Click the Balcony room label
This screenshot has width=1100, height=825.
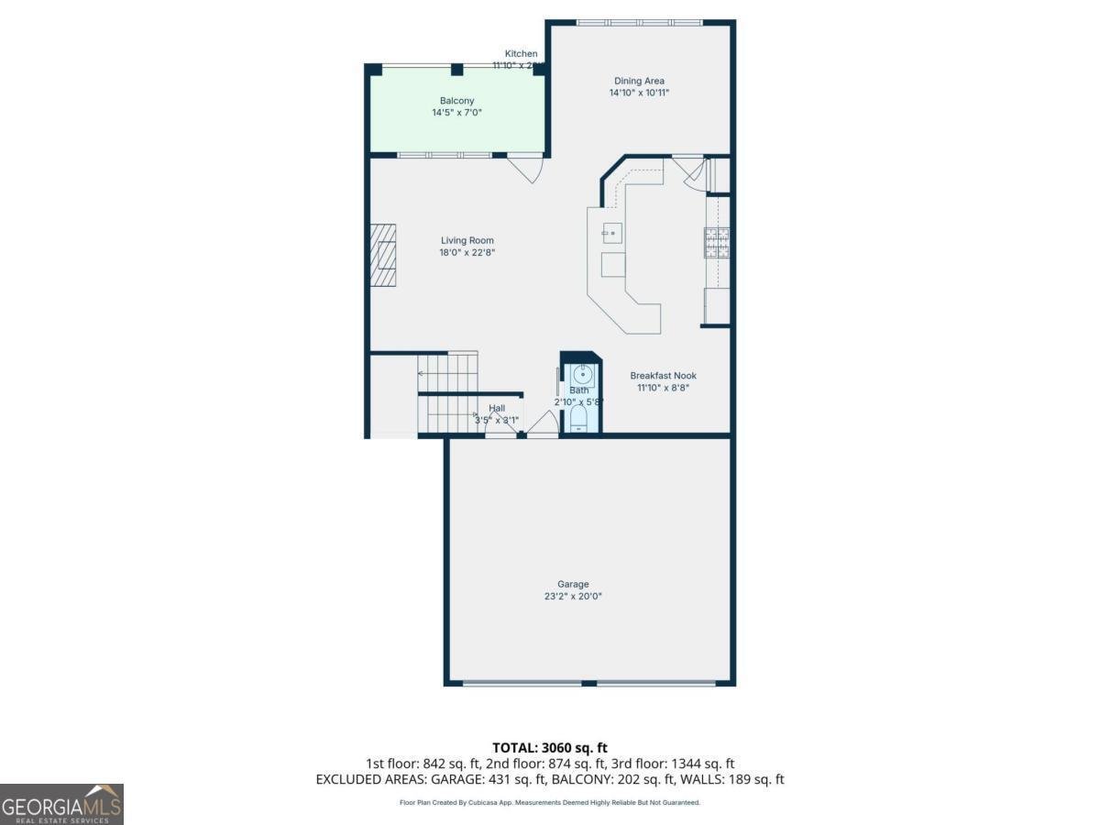point(456,101)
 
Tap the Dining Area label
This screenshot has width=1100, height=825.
point(639,81)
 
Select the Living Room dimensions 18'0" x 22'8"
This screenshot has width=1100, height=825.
point(467,253)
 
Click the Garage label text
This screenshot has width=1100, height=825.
point(573,584)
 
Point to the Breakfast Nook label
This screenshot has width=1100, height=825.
point(663,376)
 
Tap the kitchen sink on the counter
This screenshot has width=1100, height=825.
point(611,233)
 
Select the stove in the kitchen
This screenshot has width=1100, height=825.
point(717,242)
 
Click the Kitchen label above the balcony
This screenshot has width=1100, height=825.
point(521,54)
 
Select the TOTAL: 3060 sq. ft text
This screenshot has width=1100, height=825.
point(550,748)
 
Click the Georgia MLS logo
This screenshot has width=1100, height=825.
point(61,804)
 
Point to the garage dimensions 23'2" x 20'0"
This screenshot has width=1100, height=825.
point(573,597)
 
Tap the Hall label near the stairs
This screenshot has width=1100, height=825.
point(496,408)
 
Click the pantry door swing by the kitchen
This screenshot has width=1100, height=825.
point(694,175)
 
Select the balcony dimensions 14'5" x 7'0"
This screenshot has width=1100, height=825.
point(456,113)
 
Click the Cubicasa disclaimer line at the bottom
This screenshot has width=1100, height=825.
point(550,802)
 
